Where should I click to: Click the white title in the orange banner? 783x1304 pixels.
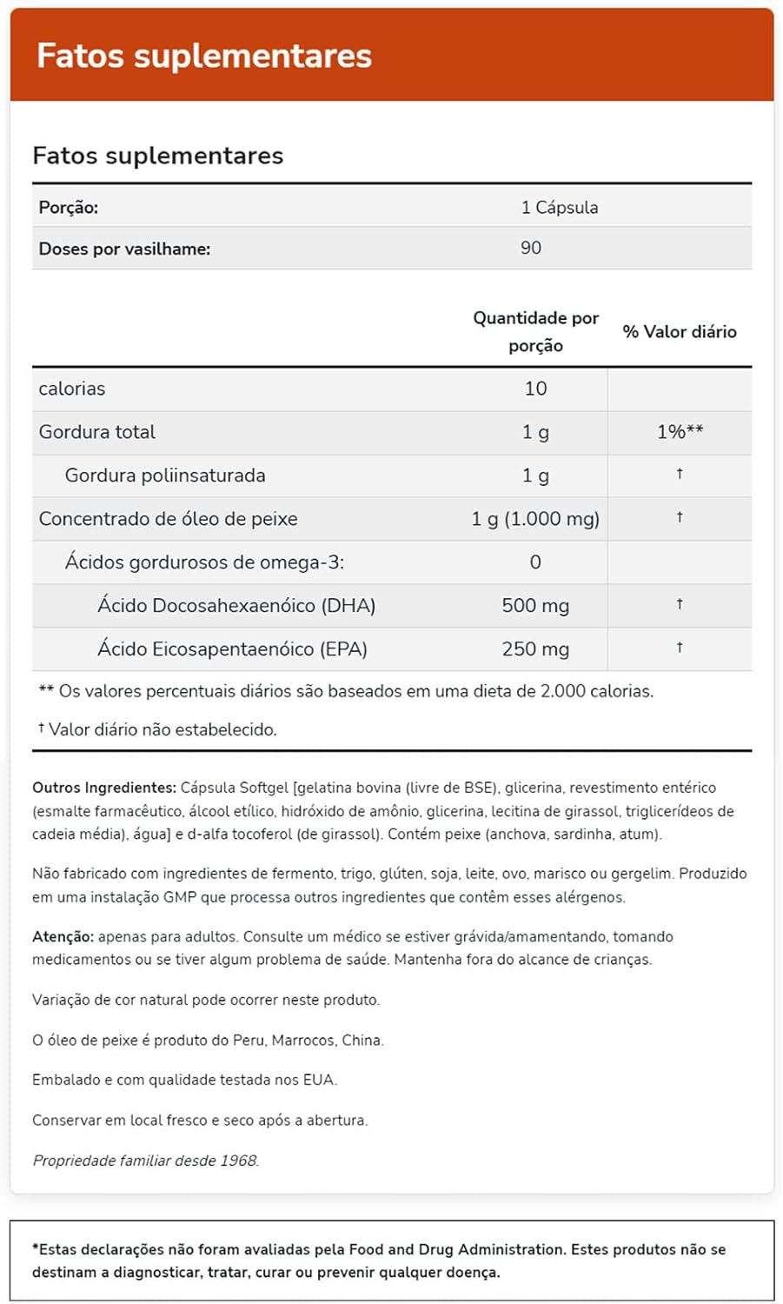click(x=204, y=56)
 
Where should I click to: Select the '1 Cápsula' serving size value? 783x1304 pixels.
click(x=560, y=208)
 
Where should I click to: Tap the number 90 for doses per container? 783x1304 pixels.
click(x=531, y=249)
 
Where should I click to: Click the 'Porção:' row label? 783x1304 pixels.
click(x=69, y=208)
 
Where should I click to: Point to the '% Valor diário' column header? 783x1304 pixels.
click(x=680, y=331)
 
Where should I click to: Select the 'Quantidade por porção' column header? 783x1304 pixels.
click(x=535, y=331)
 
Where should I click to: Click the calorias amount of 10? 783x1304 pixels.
click(x=535, y=389)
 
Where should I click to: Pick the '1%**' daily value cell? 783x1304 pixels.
click(x=680, y=432)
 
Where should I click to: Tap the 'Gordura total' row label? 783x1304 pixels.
click(x=97, y=432)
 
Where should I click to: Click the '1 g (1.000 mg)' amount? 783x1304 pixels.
click(x=535, y=519)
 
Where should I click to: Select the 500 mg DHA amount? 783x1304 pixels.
click(x=535, y=606)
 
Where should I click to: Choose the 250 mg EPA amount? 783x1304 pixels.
click(x=535, y=649)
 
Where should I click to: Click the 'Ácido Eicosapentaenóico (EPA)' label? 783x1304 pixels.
click(x=232, y=649)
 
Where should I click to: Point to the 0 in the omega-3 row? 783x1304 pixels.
click(x=535, y=562)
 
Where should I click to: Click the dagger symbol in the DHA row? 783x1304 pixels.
click(x=680, y=604)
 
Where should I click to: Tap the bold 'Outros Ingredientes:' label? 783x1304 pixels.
click(x=104, y=788)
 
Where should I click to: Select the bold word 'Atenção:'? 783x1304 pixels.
click(x=63, y=937)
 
